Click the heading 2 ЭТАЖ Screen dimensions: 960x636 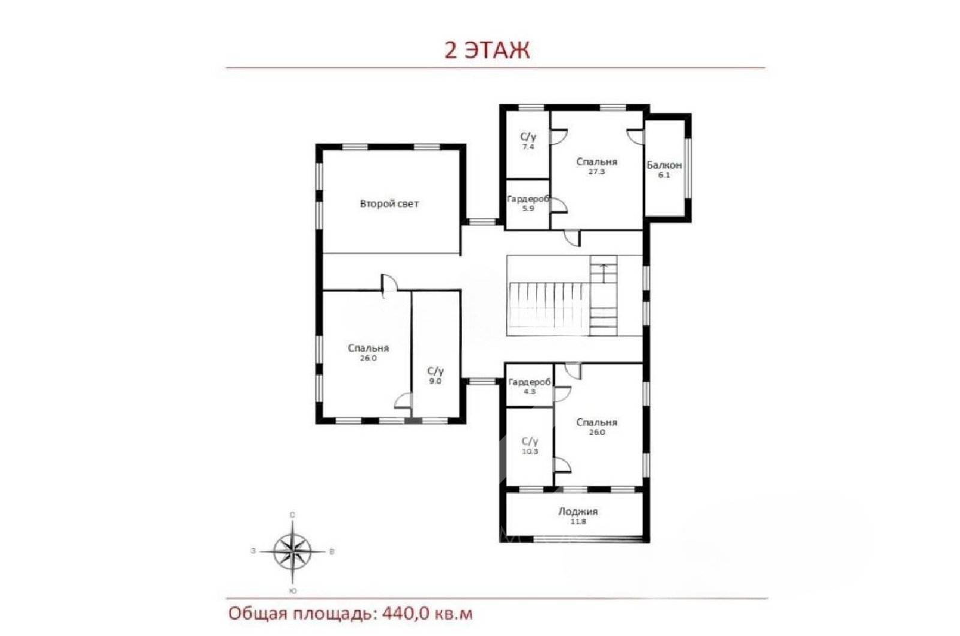tap(487, 50)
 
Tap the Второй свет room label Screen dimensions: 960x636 tap(389, 203)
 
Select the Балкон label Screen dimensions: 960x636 tap(664, 165)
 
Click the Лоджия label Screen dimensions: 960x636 tap(578, 511)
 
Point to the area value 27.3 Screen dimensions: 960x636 tap(596, 172)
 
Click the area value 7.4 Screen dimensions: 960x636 tap(528, 146)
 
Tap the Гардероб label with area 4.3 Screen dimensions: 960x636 tap(529, 382)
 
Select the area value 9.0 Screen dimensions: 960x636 tap(436, 380)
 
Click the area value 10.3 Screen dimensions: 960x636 tap(530, 451)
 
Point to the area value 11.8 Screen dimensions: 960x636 tap(578, 521)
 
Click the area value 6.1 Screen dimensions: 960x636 tap(664, 175)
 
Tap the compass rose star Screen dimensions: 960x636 tap(292, 552)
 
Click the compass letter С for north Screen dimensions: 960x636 tap(292, 515)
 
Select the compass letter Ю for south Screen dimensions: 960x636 tap(293, 591)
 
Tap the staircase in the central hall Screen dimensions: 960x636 tap(562, 296)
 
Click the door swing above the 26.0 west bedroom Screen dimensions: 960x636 tap(389, 286)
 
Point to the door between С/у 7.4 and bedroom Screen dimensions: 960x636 tap(559, 136)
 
